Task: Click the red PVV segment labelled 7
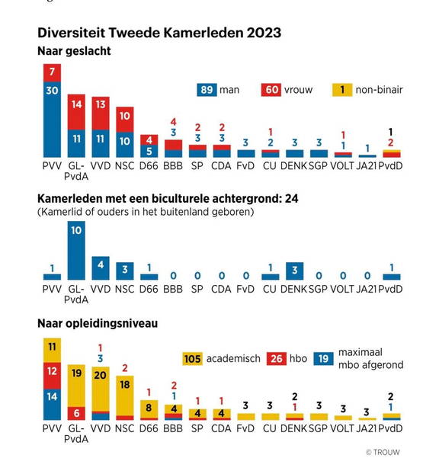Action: tap(52, 72)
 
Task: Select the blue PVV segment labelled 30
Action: tap(52, 120)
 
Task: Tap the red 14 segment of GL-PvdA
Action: tap(76, 112)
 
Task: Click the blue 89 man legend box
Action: tap(207, 90)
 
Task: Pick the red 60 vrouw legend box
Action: tap(271, 90)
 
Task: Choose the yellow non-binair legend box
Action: tap(342, 90)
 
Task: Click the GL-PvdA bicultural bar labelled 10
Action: tap(76, 251)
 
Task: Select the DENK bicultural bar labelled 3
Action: tap(294, 271)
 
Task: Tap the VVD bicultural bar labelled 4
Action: tap(101, 268)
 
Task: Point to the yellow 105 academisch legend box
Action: tap(192, 359)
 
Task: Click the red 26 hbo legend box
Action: tap(277, 359)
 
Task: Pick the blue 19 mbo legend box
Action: tap(323, 359)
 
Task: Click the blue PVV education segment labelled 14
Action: tap(52, 405)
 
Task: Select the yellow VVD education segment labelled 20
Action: tap(101, 389)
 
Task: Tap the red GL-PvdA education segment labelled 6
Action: tap(76, 413)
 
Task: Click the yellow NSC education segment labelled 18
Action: tap(125, 396)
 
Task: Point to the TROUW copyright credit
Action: tap(383, 453)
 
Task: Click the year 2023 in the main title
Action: tap(264, 33)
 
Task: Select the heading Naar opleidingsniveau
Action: tap(98, 323)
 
